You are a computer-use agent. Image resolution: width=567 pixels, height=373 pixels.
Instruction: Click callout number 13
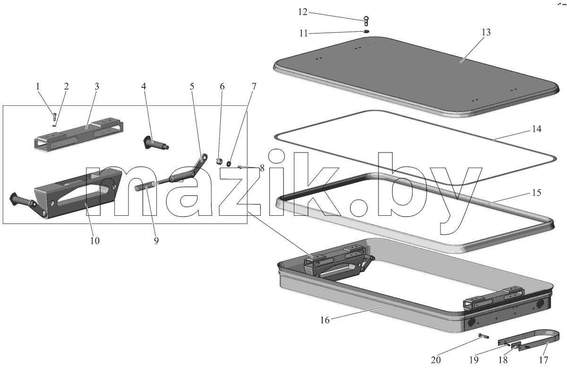click(x=486, y=33)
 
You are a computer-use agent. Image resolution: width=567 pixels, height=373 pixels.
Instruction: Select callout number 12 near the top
click(x=303, y=12)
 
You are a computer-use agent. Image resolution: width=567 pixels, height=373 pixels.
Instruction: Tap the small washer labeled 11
click(x=366, y=31)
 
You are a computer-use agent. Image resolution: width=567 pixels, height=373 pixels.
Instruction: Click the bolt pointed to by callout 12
click(x=366, y=21)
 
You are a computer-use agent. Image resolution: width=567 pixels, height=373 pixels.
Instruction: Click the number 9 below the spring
click(x=156, y=240)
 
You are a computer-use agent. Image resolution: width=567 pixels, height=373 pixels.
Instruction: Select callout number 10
click(x=95, y=240)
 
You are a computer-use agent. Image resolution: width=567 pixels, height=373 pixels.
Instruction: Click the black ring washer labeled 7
click(x=229, y=163)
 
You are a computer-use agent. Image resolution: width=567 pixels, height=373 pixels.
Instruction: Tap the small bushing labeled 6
click(x=219, y=161)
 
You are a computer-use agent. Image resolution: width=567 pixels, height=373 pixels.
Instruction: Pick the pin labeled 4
click(x=155, y=143)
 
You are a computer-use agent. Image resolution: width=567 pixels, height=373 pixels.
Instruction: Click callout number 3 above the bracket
click(x=97, y=86)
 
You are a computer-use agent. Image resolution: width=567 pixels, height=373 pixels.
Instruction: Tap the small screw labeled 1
click(x=54, y=117)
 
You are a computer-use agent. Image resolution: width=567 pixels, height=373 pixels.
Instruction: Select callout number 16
click(x=325, y=320)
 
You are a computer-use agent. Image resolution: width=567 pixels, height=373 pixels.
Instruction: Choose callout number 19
click(x=474, y=360)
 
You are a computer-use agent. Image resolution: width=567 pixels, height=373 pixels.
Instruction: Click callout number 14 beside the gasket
click(x=537, y=129)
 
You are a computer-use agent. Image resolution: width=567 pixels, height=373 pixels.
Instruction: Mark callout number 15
click(x=537, y=193)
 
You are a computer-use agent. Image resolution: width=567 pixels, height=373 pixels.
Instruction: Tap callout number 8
click(x=262, y=168)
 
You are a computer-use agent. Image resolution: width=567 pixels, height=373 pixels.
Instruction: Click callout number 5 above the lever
click(x=192, y=86)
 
